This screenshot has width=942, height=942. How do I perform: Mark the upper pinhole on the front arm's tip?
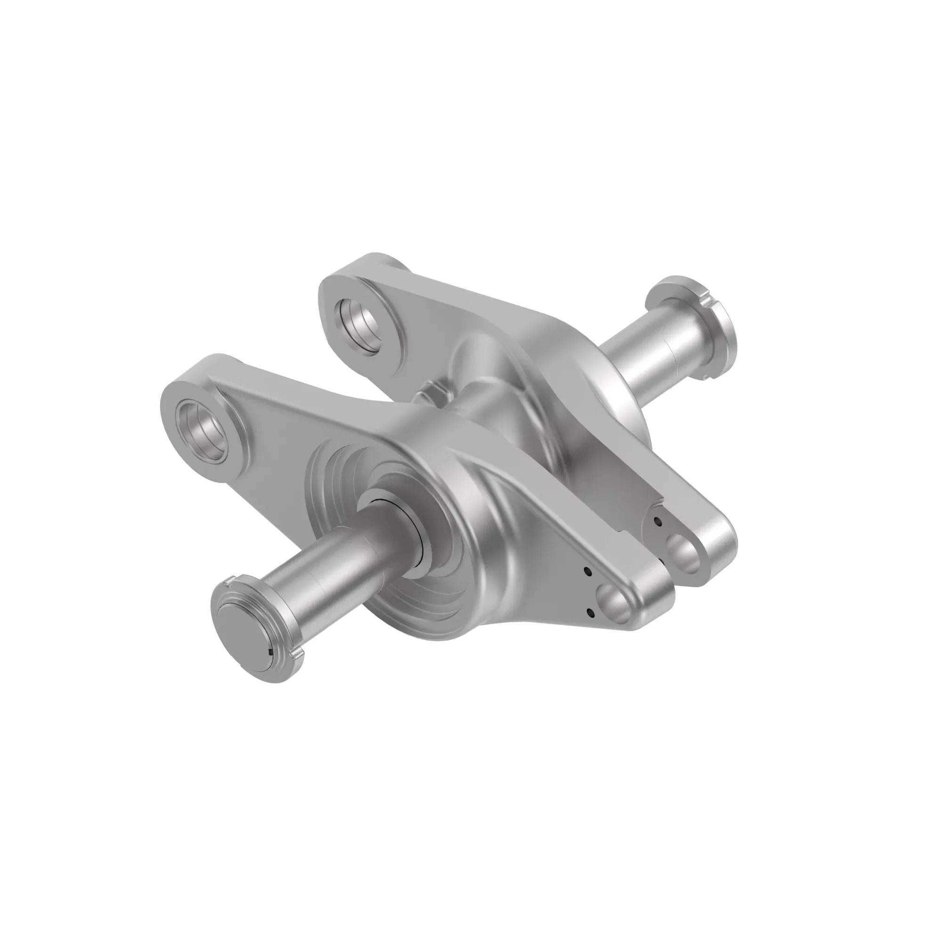587,570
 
